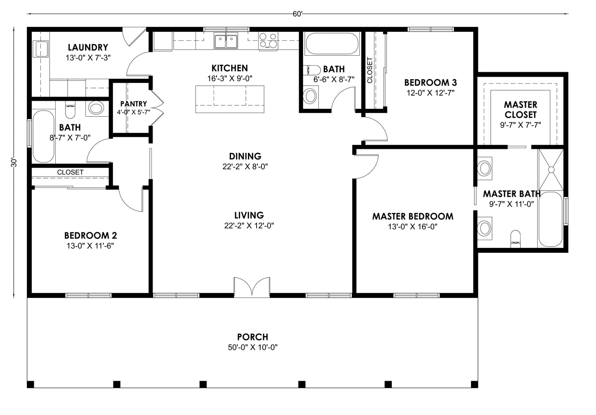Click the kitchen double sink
point(226,42)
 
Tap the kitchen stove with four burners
point(268,41)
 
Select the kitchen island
point(230,99)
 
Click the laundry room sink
point(41,49)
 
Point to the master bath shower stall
point(551,169)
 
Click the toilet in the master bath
point(516,238)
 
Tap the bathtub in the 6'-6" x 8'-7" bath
point(332,44)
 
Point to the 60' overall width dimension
point(297,14)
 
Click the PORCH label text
point(252,337)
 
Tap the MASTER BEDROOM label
point(412,216)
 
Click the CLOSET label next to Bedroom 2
point(70,172)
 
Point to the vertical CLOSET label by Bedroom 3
point(369,70)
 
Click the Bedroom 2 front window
point(88,295)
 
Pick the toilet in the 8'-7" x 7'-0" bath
point(70,111)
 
